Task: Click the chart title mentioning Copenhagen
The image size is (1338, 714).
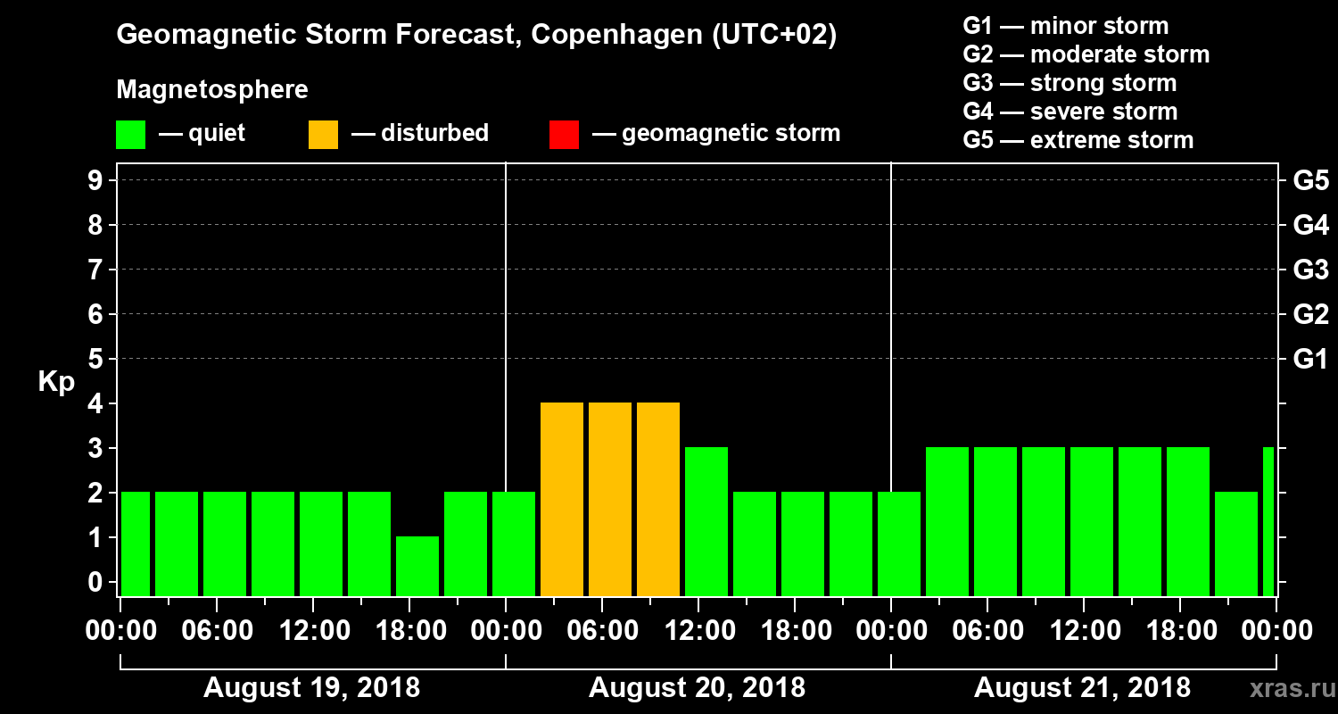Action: pyautogui.click(x=476, y=36)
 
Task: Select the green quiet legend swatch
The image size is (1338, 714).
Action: pyautogui.click(x=130, y=135)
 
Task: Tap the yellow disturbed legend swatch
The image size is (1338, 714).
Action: pyautogui.click(x=323, y=135)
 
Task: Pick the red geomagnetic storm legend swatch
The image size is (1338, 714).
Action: pyautogui.click(x=564, y=135)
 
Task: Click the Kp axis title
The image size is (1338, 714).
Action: pyautogui.click(x=56, y=382)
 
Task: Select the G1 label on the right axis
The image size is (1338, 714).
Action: pyautogui.click(x=1310, y=360)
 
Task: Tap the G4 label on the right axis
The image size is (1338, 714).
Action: pyautogui.click(x=1310, y=225)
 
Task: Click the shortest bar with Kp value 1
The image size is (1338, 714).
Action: pyautogui.click(x=417, y=566)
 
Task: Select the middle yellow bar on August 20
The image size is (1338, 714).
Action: pyautogui.click(x=610, y=499)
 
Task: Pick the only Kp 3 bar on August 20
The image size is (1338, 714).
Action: pyautogui.click(x=706, y=521)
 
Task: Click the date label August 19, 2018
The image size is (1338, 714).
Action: pyautogui.click(x=311, y=688)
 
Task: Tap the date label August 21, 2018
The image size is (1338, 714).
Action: pyautogui.click(x=1082, y=688)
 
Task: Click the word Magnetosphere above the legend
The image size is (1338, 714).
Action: pyautogui.click(x=212, y=90)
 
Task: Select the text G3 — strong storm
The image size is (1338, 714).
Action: pyautogui.click(x=1070, y=83)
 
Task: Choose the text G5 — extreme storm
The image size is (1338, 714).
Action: pyautogui.click(x=1078, y=140)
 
